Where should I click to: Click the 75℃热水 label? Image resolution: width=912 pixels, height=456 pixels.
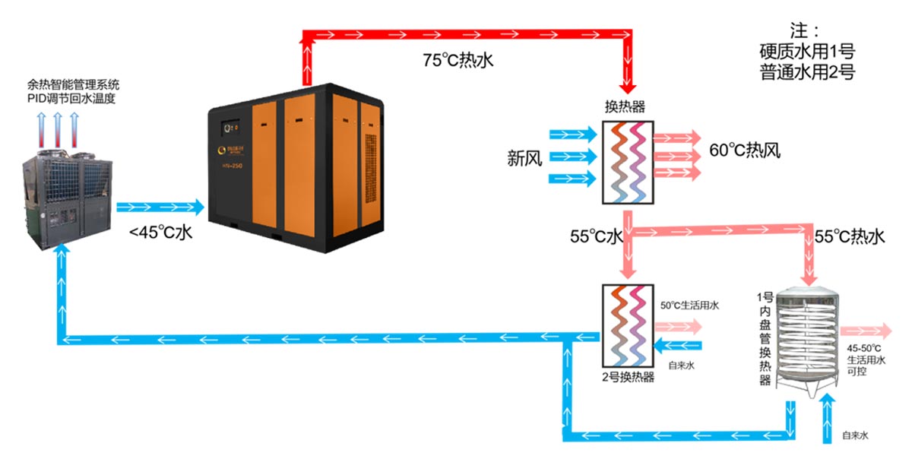click(x=458, y=62)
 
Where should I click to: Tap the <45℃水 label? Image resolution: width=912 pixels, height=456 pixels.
click(x=160, y=233)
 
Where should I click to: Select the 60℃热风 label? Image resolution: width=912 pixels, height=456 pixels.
click(x=745, y=150)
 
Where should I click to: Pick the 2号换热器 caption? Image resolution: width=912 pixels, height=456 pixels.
click(x=628, y=378)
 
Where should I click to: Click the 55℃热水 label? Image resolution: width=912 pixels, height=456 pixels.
click(x=850, y=237)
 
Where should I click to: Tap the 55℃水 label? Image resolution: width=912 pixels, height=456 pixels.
click(x=597, y=237)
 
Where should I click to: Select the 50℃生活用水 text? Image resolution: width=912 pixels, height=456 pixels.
click(x=690, y=306)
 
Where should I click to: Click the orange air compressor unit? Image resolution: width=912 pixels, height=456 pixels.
click(x=296, y=160)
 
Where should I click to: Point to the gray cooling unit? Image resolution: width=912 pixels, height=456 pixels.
click(x=68, y=198)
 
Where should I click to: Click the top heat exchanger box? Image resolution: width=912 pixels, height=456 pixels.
click(x=628, y=160)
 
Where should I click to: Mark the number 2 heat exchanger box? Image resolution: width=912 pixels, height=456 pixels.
click(x=628, y=325)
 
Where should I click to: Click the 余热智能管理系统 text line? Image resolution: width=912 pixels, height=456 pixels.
click(x=73, y=84)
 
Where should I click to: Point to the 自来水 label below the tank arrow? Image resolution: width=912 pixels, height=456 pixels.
click(x=855, y=435)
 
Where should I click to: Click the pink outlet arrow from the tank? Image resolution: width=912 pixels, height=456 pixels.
click(x=866, y=330)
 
